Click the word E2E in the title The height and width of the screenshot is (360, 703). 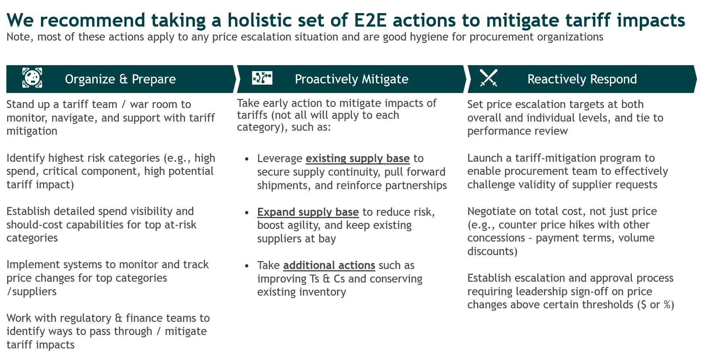370,20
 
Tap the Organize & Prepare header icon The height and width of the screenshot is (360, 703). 32,78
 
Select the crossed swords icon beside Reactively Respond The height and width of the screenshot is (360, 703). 489,78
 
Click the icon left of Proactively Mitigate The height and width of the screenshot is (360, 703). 262,78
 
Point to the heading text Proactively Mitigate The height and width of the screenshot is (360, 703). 351,79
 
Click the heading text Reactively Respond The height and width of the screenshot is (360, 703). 582,79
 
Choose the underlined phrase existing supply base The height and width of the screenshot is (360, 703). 357,159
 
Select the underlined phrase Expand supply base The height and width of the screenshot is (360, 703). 308,212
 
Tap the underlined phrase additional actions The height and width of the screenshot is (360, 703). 329,265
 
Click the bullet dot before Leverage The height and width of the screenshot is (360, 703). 247,159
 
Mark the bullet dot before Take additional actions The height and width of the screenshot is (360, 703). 247,266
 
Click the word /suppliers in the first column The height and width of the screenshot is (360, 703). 31,292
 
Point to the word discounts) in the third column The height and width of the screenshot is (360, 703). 492,252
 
